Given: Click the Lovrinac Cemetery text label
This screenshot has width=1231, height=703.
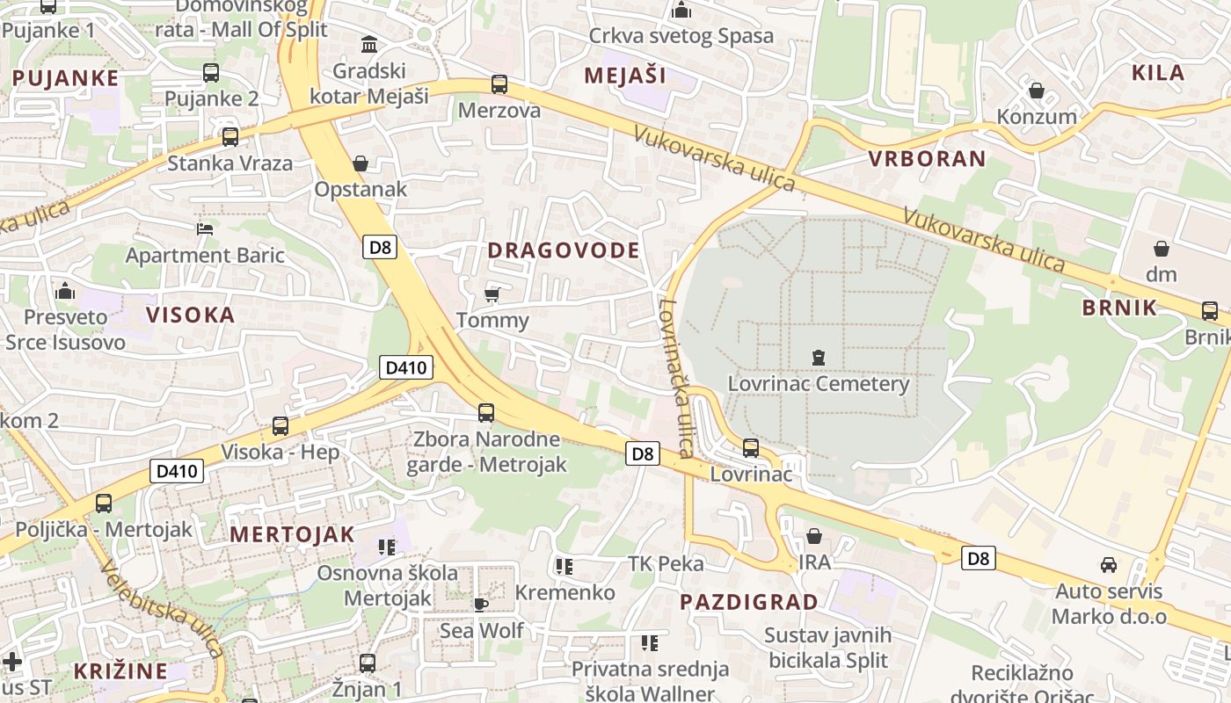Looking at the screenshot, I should [818, 384].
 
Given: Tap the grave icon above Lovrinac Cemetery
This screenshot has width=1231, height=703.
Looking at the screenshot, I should [819, 357].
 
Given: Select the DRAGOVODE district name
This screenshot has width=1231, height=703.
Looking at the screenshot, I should [564, 250].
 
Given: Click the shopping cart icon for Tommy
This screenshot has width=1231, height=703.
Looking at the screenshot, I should [492, 294].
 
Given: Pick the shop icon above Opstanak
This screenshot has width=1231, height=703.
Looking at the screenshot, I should [361, 163].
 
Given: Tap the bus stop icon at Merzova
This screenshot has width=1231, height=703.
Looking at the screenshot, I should [499, 84].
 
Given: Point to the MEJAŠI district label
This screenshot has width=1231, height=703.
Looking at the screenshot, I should [625, 76].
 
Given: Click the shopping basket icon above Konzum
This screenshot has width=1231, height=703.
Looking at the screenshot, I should [1037, 91].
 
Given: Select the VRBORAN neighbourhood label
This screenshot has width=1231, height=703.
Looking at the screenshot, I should [927, 159].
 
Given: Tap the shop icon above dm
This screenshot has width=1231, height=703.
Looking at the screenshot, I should [1162, 249].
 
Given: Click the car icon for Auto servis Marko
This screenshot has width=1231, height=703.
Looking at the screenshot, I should [1109, 564].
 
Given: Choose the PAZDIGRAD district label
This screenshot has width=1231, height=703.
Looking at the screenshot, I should [749, 602].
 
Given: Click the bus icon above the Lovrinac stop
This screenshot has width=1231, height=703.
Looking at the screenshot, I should [751, 448].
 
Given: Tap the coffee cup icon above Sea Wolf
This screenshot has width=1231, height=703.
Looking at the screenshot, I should [480, 605].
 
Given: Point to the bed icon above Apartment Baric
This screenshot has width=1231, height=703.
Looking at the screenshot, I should [205, 228].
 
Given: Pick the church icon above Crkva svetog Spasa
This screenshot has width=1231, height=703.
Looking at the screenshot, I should [681, 11].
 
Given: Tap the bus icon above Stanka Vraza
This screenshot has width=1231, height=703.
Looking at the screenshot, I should [230, 137].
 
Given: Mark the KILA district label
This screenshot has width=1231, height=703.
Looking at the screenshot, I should [1158, 73].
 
